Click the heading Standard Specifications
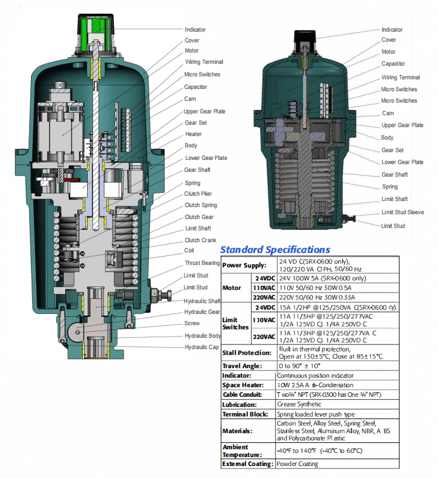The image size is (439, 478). (x=275, y=249)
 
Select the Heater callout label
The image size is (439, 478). (x=193, y=134)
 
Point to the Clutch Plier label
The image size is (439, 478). (x=198, y=194)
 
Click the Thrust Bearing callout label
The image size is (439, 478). (x=202, y=263)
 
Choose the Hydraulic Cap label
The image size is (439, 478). (x=201, y=347)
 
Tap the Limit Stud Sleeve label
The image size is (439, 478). (x=403, y=212)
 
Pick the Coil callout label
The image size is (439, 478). (x=190, y=251)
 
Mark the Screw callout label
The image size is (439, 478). (x=192, y=323)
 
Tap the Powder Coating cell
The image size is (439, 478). (x=297, y=464)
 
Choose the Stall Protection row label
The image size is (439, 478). (x=248, y=352)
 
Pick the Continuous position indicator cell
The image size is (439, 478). (x=315, y=375)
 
